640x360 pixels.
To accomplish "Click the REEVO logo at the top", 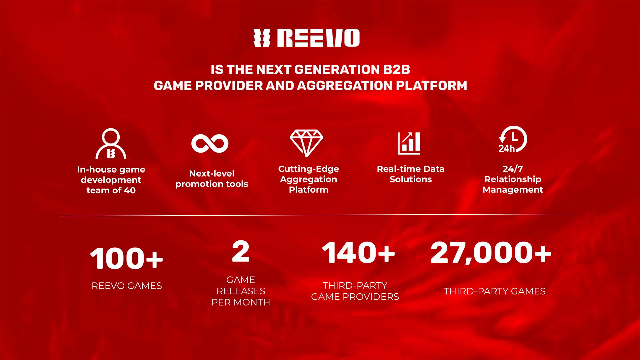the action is pos(306,38).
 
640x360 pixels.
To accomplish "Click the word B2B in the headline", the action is pos(397,70).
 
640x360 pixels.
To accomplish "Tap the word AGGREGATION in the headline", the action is pos(344,86).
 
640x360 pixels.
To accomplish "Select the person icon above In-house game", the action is pos(111,144).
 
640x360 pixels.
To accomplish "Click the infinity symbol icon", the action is pos(210,144).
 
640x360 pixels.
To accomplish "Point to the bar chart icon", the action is pos(409,143).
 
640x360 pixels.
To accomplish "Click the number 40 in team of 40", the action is pos(130,190).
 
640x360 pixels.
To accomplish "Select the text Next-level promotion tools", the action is pos(212,179).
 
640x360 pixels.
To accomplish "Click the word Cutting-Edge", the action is pos(309,169).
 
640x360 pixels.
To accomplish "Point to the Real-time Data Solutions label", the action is pos(411,174).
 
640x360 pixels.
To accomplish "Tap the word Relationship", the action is pos(513,179).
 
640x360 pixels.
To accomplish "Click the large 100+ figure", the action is pos(127,258).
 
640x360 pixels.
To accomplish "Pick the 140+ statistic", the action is pos(358,253).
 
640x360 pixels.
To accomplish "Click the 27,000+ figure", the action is pos(491,253).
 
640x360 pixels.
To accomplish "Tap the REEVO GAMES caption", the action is pos(127,286).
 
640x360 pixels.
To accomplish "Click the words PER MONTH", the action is pos(241,302).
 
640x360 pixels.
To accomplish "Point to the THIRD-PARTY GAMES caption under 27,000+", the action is pos(495,291).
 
